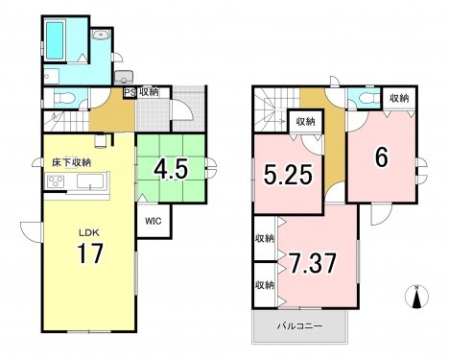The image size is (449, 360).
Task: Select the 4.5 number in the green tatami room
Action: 171,170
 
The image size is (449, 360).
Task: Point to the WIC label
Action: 154,222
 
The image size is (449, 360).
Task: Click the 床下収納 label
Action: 72,163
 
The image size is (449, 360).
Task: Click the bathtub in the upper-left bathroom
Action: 55,40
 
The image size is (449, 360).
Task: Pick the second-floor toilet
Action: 360,99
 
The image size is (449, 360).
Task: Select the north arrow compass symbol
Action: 416,297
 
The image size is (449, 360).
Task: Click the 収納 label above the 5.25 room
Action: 305,122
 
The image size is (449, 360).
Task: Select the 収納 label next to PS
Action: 149,92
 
